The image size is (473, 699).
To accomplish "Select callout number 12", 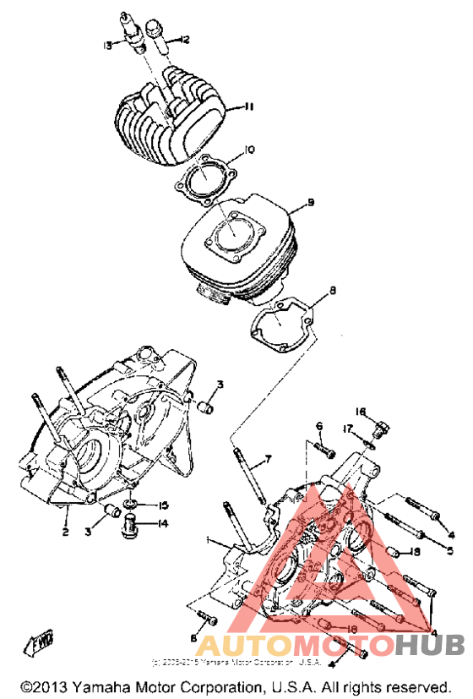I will (184, 39).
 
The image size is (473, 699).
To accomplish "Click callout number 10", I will (249, 150).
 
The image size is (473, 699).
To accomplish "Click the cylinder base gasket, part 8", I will (284, 325).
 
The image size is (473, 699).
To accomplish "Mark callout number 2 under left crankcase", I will (64, 532).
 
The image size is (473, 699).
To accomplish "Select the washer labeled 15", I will (128, 505).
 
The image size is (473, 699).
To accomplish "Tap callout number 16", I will (360, 412).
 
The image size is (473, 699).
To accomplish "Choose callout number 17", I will (346, 429).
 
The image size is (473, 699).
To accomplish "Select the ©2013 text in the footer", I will (42, 685).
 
